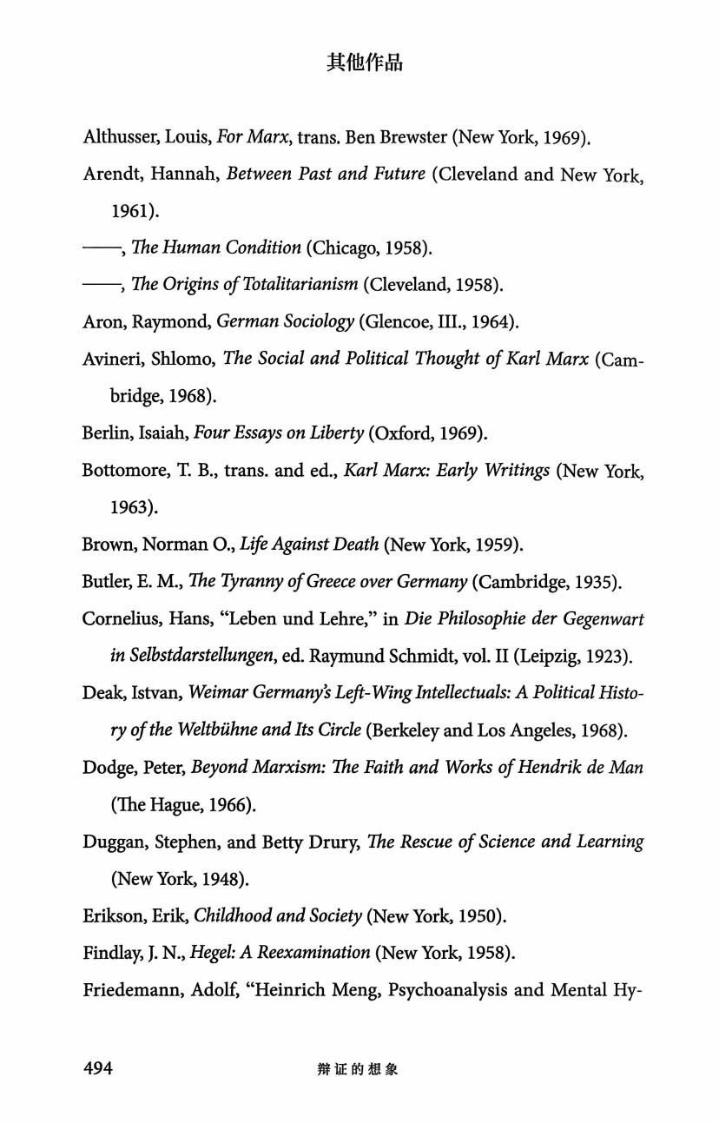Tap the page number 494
pyautogui.click(x=98, y=1068)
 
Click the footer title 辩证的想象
pyautogui.click(x=358, y=1069)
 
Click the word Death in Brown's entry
pyautogui.click(x=349, y=545)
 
